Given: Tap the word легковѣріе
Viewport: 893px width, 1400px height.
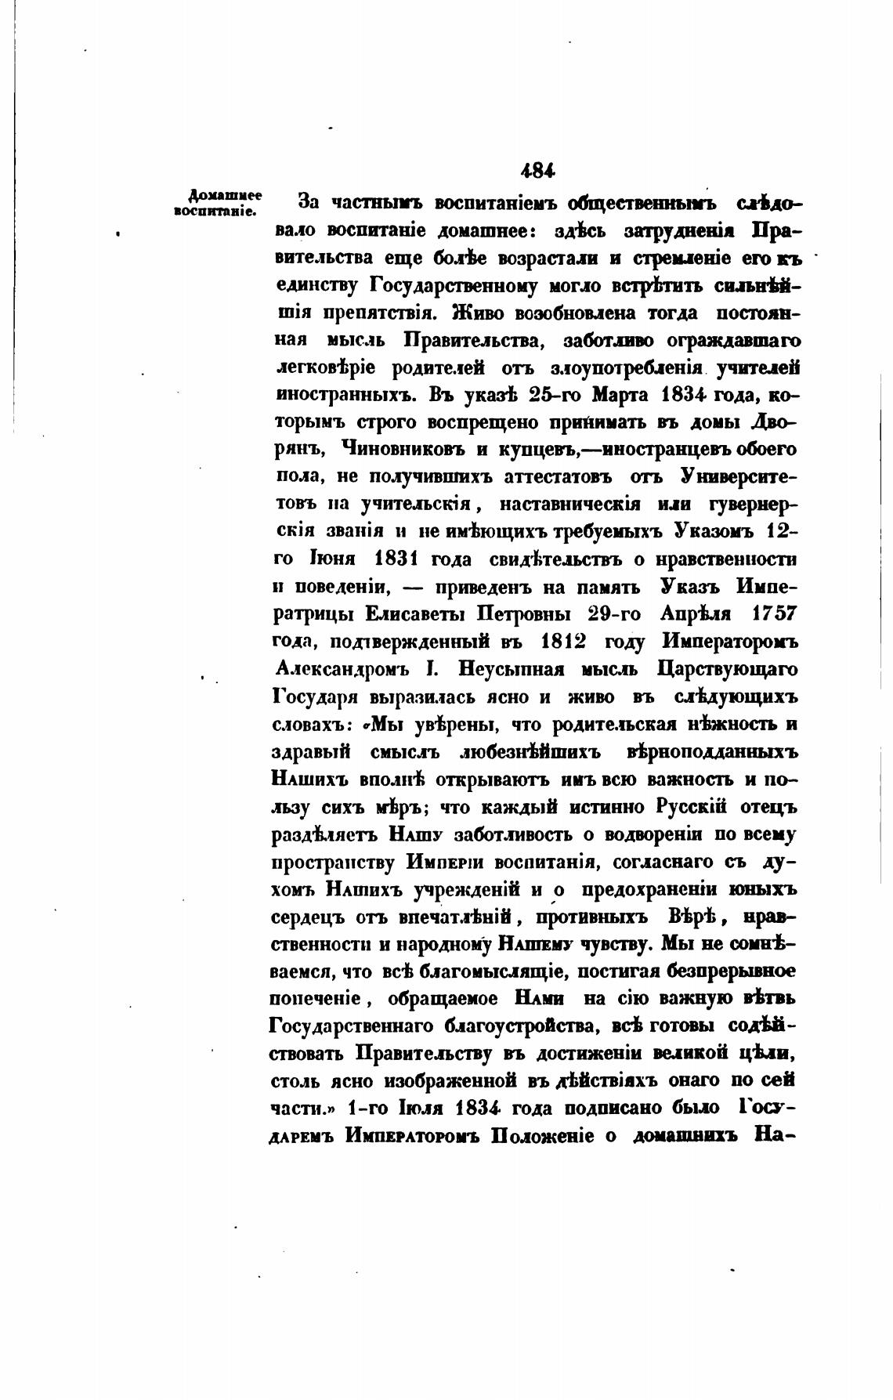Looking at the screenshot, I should point(327,368).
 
